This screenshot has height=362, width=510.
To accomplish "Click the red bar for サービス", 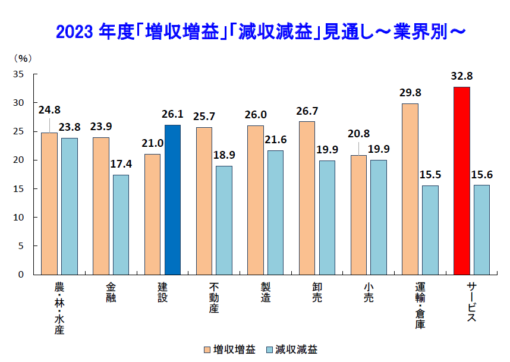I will coord(461,181).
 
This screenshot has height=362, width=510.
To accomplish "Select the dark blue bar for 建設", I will coord(172,200).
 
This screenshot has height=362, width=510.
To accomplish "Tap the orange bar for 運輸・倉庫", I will coord(410,189).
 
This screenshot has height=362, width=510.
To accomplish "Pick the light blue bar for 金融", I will coord(121,225).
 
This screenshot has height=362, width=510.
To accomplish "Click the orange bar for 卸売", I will coord(307,198).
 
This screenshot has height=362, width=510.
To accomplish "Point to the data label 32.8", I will coord(462,76).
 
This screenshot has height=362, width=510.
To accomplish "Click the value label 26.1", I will coord(172,114).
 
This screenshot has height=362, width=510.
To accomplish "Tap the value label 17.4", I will coord(121,163).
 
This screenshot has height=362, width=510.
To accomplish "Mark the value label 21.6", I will coord(276,140).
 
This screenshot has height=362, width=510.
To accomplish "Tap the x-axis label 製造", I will coord(266,293).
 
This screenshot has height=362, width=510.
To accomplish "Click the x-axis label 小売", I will coord(369,293).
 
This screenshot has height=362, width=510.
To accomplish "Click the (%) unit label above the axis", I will coord(22,58).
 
